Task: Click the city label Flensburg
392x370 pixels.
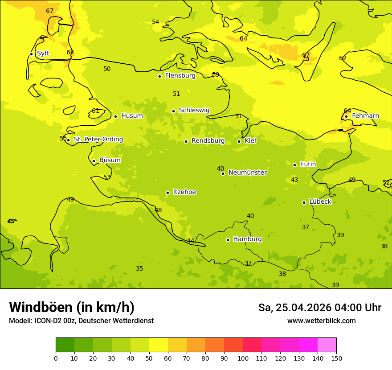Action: pos(180,76)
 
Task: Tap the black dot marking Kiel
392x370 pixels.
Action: pos(239,141)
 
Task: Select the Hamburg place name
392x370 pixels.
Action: pos(247,239)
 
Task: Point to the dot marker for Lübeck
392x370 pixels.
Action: pos(304,202)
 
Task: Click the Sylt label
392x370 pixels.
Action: pos(43,53)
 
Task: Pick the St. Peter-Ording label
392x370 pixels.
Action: pos(98,140)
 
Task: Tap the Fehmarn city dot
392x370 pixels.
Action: pos(346,116)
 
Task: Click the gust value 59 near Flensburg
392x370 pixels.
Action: pos(216,75)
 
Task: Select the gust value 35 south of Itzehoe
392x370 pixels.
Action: pos(139,269)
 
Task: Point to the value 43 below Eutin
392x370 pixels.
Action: pos(294,180)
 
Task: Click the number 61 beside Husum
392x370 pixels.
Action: pos(95,111)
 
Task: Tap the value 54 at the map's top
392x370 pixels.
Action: pos(155,22)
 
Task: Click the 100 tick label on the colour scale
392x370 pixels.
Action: pos(243,358)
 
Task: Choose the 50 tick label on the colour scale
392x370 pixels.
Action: pos(149,358)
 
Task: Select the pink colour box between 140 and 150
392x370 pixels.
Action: pos(327,345)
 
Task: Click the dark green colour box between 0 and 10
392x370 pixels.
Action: pos(65,345)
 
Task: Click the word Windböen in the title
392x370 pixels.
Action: pos(41,308)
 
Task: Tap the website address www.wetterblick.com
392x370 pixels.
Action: pos(321,321)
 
